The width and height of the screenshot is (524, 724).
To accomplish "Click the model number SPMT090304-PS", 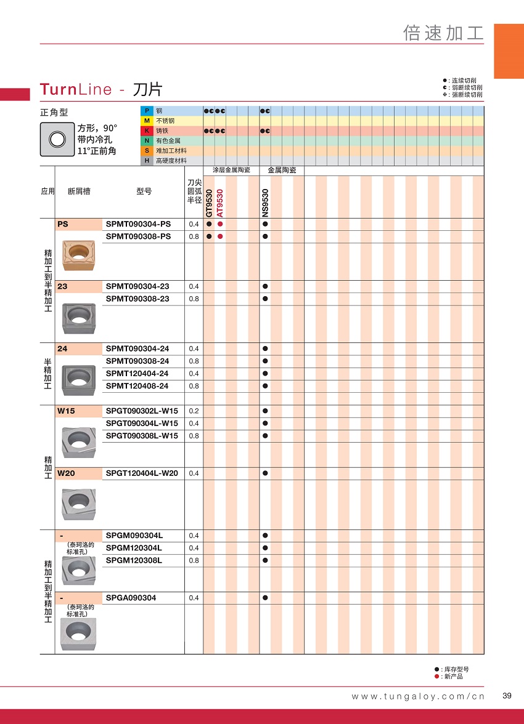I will (x=138, y=225).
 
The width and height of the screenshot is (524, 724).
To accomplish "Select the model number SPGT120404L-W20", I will (x=142, y=473).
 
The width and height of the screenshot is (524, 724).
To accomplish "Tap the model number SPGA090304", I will (x=131, y=598).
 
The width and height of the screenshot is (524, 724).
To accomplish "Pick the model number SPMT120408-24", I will (x=137, y=386).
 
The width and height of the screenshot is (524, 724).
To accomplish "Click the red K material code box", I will (x=147, y=131).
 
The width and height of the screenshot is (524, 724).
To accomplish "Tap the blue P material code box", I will (x=147, y=111).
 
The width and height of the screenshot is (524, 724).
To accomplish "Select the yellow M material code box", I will (x=147, y=121).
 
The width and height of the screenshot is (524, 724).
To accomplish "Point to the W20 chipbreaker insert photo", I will (x=78, y=504).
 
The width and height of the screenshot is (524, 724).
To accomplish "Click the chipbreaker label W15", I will (x=65, y=411).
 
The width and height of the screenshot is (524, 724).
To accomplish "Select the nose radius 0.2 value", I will (x=194, y=411).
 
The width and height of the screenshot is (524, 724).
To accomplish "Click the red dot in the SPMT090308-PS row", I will (x=220, y=237).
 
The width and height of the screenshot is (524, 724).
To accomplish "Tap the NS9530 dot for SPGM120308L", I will (x=265, y=560).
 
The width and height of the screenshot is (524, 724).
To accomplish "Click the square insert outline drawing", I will (x=57, y=139).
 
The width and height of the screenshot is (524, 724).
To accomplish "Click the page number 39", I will (x=507, y=696).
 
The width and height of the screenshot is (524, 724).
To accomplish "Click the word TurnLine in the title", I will (x=76, y=89).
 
